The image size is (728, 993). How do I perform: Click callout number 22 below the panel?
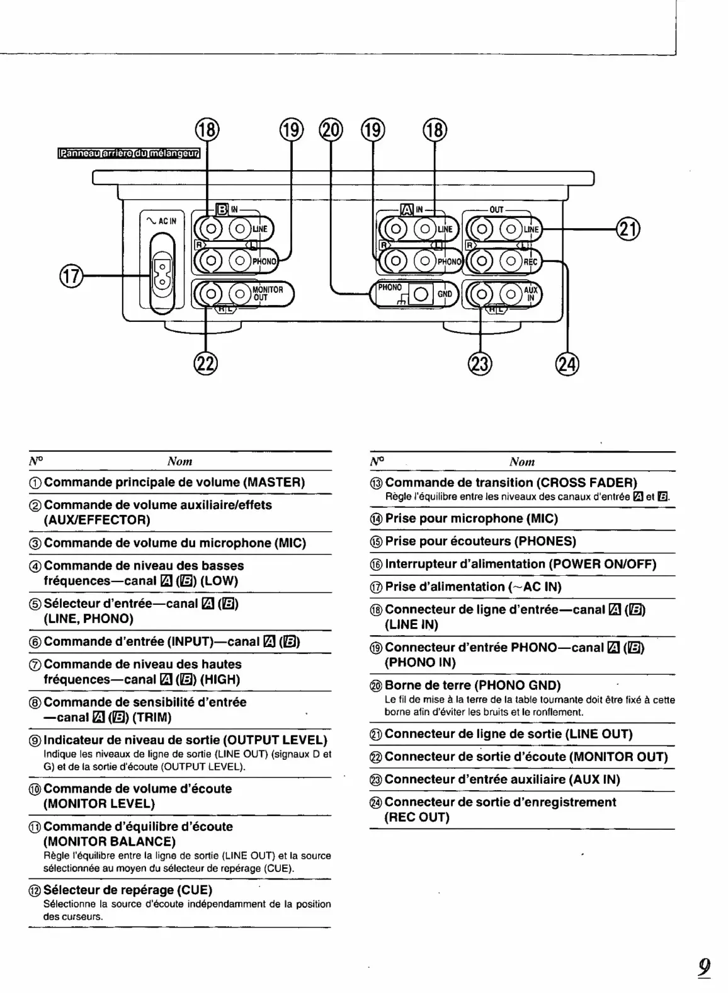click(x=206, y=364)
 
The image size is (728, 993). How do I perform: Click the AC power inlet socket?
click(x=162, y=275)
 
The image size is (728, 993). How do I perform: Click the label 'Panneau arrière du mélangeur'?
click(x=128, y=153)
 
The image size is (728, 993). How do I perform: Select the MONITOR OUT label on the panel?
click(x=268, y=294)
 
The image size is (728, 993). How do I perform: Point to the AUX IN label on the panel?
click(x=531, y=294)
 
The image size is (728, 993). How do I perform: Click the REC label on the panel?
click(x=530, y=261)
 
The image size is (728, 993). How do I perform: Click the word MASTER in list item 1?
click(x=273, y=483)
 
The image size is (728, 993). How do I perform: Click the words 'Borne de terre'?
click(x=427, y=685)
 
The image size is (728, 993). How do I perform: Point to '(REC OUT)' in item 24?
click(x=417, y=817)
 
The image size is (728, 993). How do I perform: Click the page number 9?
click(x=704, y=966)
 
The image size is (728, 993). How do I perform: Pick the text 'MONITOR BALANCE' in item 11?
click(x=110, y=842)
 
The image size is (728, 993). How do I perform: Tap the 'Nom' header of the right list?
click(x=521, y=462)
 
